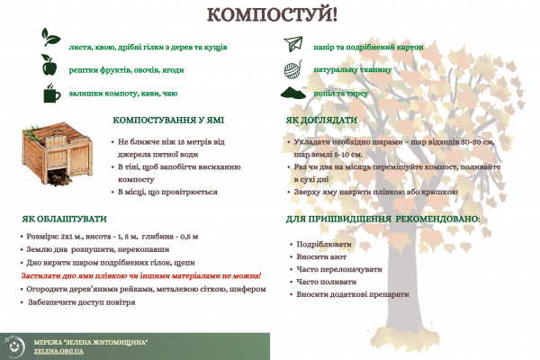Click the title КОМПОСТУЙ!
coord(271,14)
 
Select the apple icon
coord(49,64)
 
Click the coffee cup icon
coord(50,94)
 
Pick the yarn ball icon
coord(294,69)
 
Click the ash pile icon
coord(294,93)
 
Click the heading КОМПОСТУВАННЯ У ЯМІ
coord(168,120)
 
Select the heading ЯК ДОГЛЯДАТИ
coord(322,121)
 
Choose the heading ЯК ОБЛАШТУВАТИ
coord(64,219)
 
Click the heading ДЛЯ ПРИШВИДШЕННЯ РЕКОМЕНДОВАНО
coord(383,219)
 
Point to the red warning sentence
coord(140,275)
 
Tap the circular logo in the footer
coord(14,346)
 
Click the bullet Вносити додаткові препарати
coord(346,294)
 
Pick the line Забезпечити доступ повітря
coord(82,302)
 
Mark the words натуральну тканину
coord(353,69)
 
